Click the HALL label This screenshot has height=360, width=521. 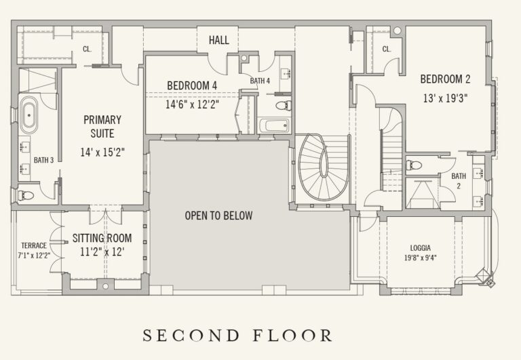pos(219,40)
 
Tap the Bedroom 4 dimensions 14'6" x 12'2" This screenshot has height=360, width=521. pos(193,104)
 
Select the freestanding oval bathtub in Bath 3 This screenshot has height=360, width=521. pos(29,115)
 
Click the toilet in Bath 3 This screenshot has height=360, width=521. pos(26,195)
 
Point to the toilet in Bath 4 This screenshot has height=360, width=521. pos(284,106)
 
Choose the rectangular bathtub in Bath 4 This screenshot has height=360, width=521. pos(274,126)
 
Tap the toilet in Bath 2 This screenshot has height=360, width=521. pos(414,165)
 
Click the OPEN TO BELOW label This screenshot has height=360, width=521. pos(218,216)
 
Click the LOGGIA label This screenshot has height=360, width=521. pos(421,247)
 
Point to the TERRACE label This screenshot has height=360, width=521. pos(34,245)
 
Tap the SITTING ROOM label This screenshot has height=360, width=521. pos(102,238)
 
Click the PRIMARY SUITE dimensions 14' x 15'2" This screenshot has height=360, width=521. pos(102,153)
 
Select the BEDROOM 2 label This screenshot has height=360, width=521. pos(445,79)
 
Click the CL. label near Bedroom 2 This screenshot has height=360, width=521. pos(387,49)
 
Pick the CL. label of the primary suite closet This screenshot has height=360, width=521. pos(87,49)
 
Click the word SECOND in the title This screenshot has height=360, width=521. pos(191,336)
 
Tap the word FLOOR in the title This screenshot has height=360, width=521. pos(292,336)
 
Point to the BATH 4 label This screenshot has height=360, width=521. pos(260,81)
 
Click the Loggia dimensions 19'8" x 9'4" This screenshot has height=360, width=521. pos(421,258)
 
